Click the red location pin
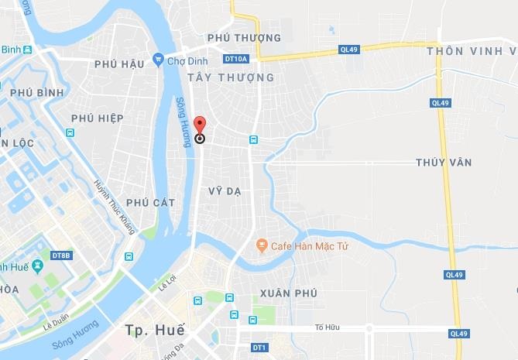point(199,126)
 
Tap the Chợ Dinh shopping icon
point(159,59)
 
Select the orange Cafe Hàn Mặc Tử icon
point(262,245)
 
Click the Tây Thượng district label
point(231,77)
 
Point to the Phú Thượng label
point(244,38)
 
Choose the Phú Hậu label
point(120,64)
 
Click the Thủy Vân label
point(444,163)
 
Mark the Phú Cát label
point(150,203)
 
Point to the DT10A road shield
point(235,59)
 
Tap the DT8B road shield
point(61,255)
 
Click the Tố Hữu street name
point(328,327)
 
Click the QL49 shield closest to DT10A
point(349,50)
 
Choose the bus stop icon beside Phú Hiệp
point(70,132)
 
